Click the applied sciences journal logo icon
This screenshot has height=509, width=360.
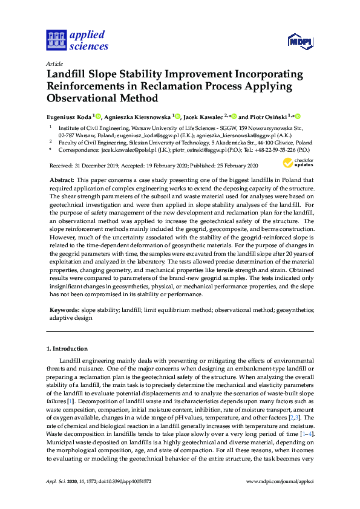tap(55, 40)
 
